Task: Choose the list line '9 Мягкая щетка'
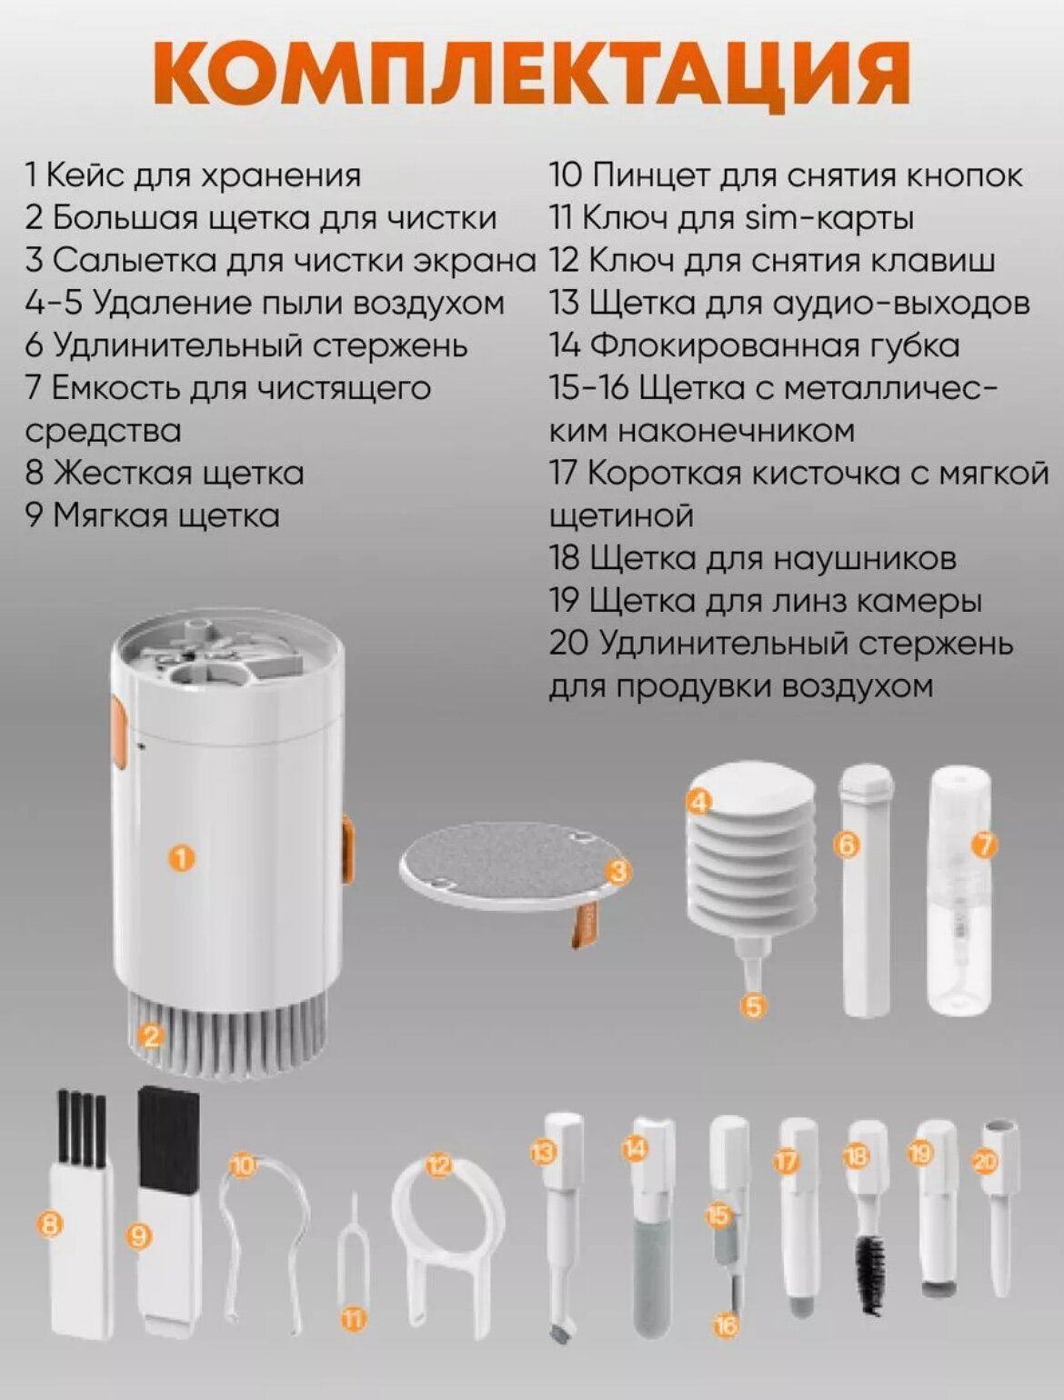tap(153, 515)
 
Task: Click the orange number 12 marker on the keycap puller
tap(439, 1166)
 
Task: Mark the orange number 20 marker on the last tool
tap(985, 1163)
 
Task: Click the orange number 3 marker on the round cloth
tap(617, 872)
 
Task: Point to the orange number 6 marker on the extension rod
tap(848, 846)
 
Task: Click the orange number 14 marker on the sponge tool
tap(634, 1149)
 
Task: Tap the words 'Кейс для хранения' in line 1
tap(204, 175)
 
